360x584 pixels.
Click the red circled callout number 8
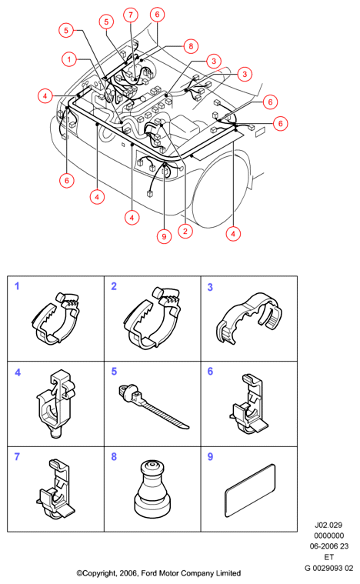point(191,46)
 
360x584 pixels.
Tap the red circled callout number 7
point(131,15)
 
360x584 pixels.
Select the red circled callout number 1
point(69,59)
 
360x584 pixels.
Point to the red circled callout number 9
point(164,236)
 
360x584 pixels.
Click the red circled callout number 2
point(185,232)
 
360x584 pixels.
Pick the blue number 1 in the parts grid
point(17,286)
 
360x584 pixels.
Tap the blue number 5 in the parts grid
point(114,372)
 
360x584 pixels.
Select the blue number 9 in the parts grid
point(210,456)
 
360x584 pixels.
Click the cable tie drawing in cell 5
point(152,407)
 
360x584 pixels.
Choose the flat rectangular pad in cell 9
point(250,490)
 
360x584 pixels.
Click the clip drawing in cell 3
point(248,316)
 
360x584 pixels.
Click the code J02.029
point(328,526)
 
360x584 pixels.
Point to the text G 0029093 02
point(328,568)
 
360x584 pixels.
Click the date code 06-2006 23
point(329,546)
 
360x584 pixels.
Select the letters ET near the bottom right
point(328,557)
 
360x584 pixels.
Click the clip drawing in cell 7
point(55,489)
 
